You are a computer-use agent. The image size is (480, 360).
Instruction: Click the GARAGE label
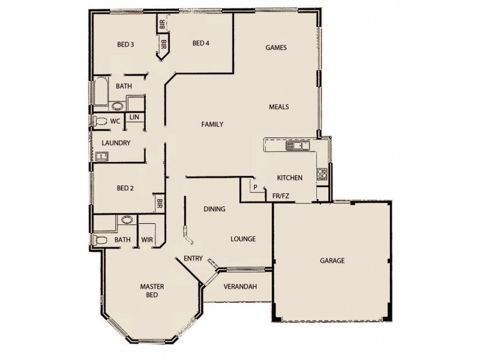332,261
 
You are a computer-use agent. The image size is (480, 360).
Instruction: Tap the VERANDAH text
240,287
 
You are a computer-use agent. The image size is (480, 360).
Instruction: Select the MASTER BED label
152,291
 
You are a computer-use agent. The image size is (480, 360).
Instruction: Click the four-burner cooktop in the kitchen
322,174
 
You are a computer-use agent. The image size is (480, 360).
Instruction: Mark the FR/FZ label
281,196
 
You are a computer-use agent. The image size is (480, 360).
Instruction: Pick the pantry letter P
255,187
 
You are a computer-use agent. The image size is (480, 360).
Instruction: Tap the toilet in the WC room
100,122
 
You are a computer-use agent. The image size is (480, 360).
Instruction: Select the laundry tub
101,157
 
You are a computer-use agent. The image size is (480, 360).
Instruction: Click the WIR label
146,240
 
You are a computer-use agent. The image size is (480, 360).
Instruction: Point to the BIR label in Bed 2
160,203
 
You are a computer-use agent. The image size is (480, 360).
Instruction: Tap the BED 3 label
125,44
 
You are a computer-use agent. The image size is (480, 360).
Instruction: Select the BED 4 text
201,43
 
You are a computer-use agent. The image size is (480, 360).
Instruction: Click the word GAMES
276,48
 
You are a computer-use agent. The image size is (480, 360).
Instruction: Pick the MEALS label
279,107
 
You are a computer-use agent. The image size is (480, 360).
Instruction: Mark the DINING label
214,209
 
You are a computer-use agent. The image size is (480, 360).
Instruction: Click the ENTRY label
193,259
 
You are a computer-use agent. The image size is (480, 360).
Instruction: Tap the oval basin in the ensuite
127,220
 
